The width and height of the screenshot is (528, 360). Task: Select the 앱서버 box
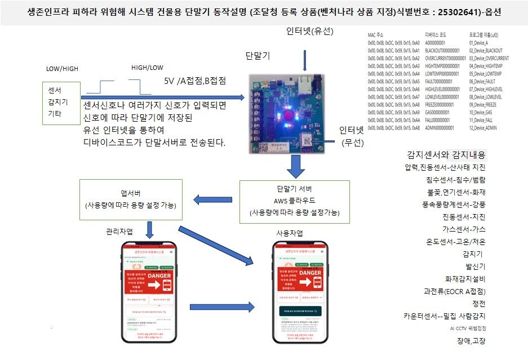131,199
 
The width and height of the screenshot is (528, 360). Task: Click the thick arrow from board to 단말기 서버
294,166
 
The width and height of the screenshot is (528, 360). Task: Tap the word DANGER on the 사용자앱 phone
310,273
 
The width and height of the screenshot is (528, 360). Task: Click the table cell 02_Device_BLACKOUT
486,50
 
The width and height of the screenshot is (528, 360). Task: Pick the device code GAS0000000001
443,113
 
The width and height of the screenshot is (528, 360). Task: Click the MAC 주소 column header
379,35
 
